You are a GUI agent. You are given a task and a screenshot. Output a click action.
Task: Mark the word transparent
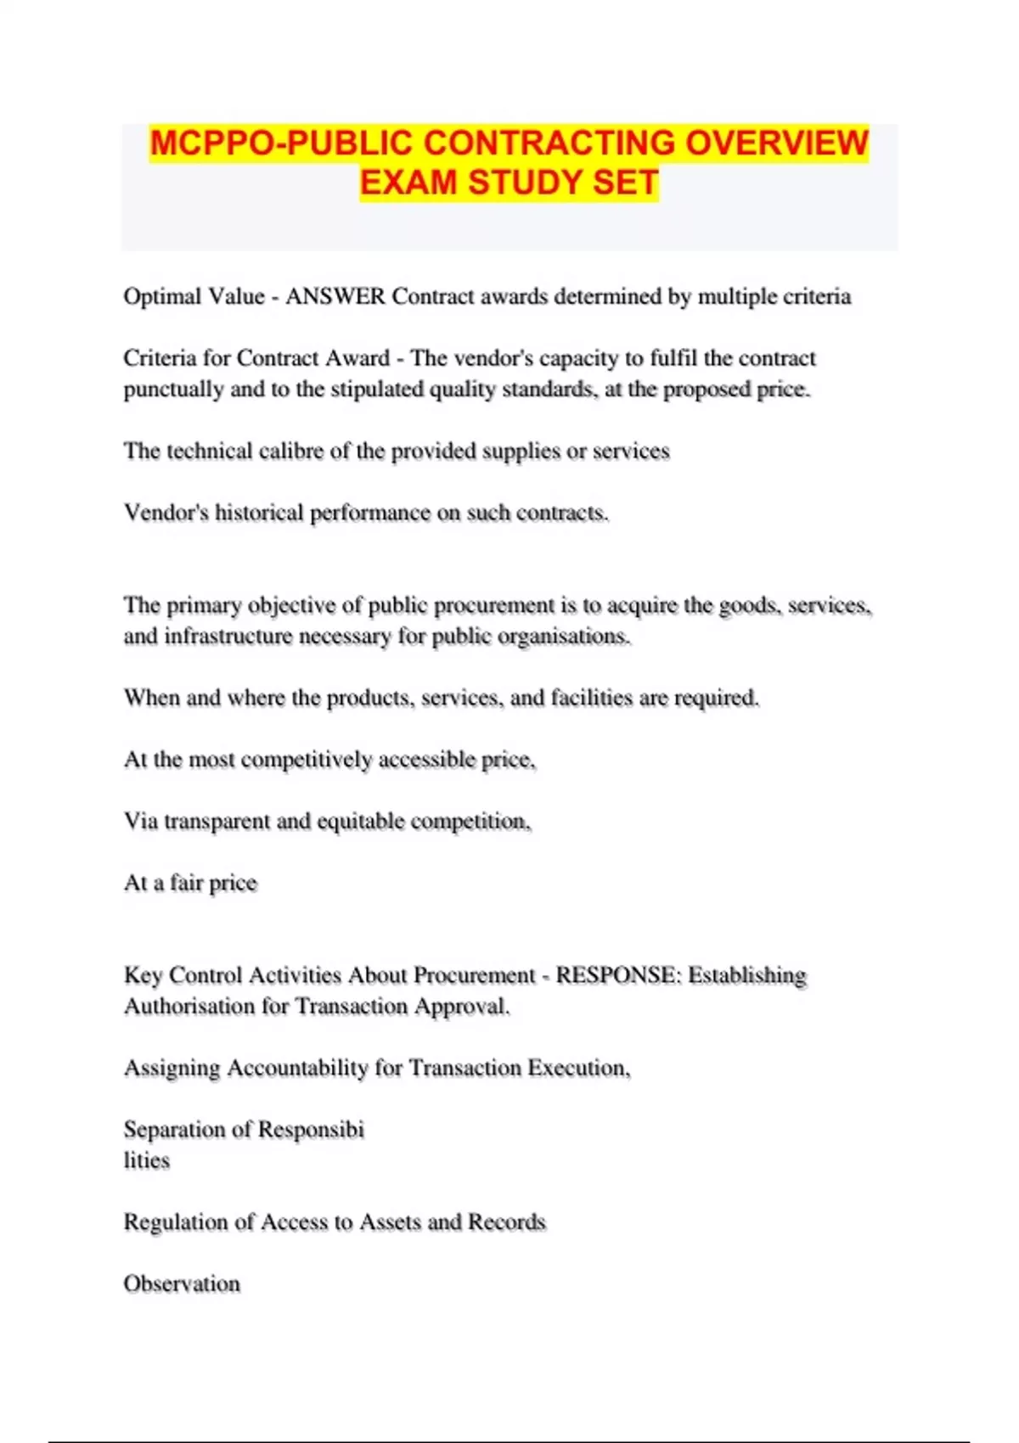point(217,822)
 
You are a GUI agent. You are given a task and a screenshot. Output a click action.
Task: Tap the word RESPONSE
point(618,975)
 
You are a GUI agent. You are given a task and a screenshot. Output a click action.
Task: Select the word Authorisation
point(189,1006)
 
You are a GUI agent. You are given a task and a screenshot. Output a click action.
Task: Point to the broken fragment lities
point(147,1160)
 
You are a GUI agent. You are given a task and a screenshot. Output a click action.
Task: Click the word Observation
point(182,1283)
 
